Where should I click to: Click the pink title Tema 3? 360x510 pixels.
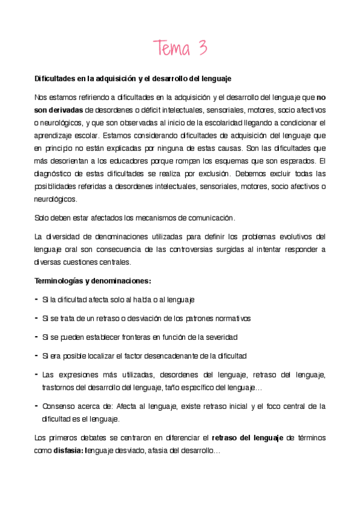click(x=180, y=48)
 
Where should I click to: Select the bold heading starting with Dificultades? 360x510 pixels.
click(x=133, y=79)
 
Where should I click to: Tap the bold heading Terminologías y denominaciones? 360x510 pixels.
click(x=92, y=281)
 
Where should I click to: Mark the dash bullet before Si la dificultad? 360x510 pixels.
click(x=37, y=299)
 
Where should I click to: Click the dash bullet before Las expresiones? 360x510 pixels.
click(x=37, y=375)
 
